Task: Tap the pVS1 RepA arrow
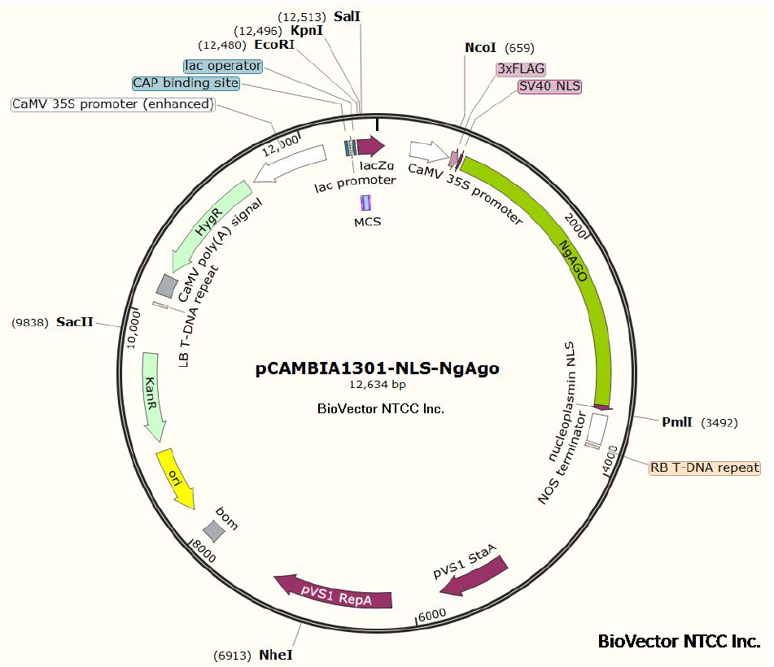tap(334, 593)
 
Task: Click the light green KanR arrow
tap(153, 395)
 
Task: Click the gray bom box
tap(213, 531)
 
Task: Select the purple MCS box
tap(366, 203)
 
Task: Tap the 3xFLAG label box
tap(521, 69)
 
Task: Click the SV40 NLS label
tap(550, 86)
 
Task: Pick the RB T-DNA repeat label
tap(704, 468)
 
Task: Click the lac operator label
tap(223, 65)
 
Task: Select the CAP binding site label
tap(186, 83)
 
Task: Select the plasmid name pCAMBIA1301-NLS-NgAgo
tap(378, 368)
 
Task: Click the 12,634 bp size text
tap(378, 385)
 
